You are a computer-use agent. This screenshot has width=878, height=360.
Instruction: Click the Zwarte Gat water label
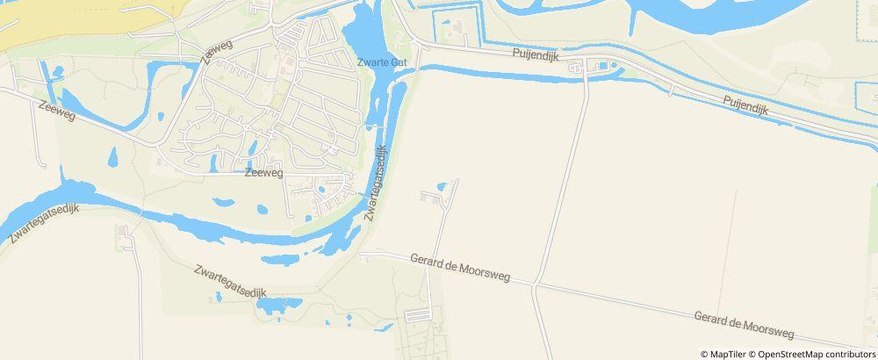pos(383,62)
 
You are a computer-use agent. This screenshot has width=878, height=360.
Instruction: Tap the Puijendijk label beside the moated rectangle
pos(536,54)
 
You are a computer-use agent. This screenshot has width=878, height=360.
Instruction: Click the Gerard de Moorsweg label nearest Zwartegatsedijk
pos(446,264)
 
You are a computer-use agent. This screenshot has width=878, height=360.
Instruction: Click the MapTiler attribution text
pos(727,354)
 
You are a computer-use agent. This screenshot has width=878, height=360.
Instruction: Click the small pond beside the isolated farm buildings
pos(443,187)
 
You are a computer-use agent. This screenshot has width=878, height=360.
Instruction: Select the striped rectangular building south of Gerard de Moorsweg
pos(420,314)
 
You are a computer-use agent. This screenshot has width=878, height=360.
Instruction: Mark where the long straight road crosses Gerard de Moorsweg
pos(535,284)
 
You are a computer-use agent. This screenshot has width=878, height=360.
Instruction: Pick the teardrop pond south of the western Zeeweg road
pos(112,158)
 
